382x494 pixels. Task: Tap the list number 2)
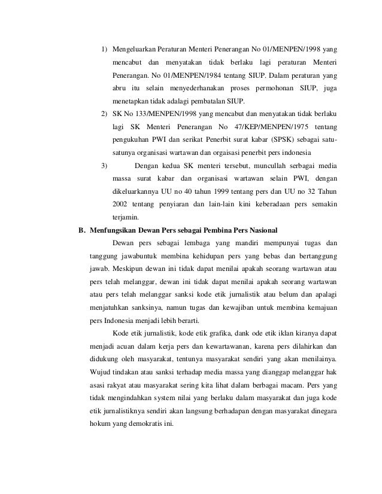coord(104,113)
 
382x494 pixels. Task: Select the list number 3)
coord(104,165)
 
